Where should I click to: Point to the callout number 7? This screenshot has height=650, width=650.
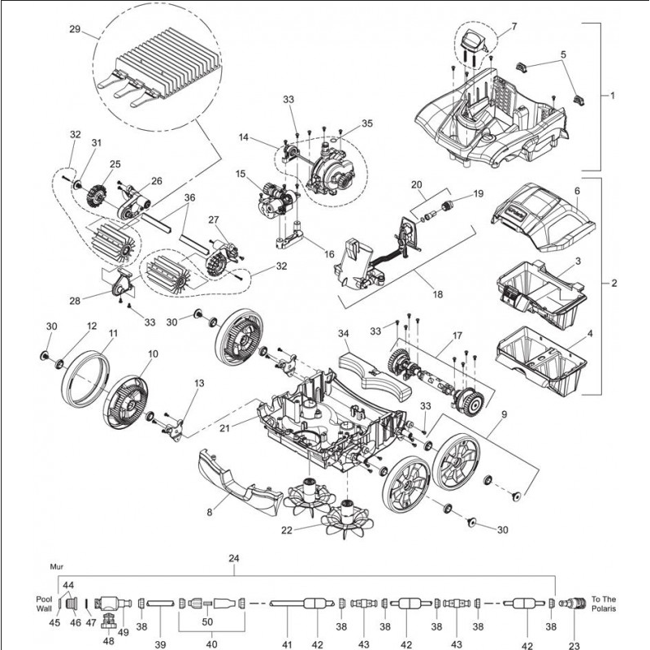tap(513, 28)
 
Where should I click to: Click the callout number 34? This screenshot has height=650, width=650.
tap(343, 332)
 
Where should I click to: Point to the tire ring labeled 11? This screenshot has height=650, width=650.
tap(85, 378)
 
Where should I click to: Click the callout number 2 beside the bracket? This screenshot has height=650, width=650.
tap(614, 284)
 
